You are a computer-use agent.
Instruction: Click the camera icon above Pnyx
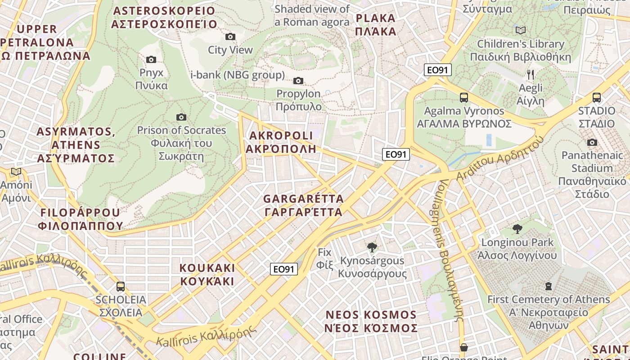click(x=151, y=59)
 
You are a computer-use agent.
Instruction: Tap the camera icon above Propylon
click(x=298, y=81)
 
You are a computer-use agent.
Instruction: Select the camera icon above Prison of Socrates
click(x=181, y=117)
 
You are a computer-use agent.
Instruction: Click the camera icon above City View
click(x=230, y=36)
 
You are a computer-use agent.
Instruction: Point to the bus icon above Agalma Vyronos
click(x=463, y=97)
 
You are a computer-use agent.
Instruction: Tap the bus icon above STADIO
click(x=597, y=97)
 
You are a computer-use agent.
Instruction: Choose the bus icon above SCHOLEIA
click(x=120, y=286)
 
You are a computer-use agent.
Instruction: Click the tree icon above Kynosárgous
click(x=372, y=247)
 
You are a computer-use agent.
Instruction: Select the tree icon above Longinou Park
click(x=517, y=229)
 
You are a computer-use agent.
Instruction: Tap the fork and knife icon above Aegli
click(x=531, y=74)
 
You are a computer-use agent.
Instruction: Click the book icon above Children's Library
click(x=520, y=31)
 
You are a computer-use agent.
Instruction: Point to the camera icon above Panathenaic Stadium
click(x=592, y=142)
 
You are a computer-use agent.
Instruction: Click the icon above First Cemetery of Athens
click(x=548, y=286)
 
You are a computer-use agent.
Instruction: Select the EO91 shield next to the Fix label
click(x=284, y=269)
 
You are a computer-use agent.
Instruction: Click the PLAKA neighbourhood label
click(x=375, y=25)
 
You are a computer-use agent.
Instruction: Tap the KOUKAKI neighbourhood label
click(x=207, y=274)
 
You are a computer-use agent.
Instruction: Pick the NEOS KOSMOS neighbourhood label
click(x=371, y=321)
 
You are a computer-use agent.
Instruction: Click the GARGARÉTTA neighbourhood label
click(x=303, y=205)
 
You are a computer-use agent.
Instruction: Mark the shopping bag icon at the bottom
click(x=463, y=347)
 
